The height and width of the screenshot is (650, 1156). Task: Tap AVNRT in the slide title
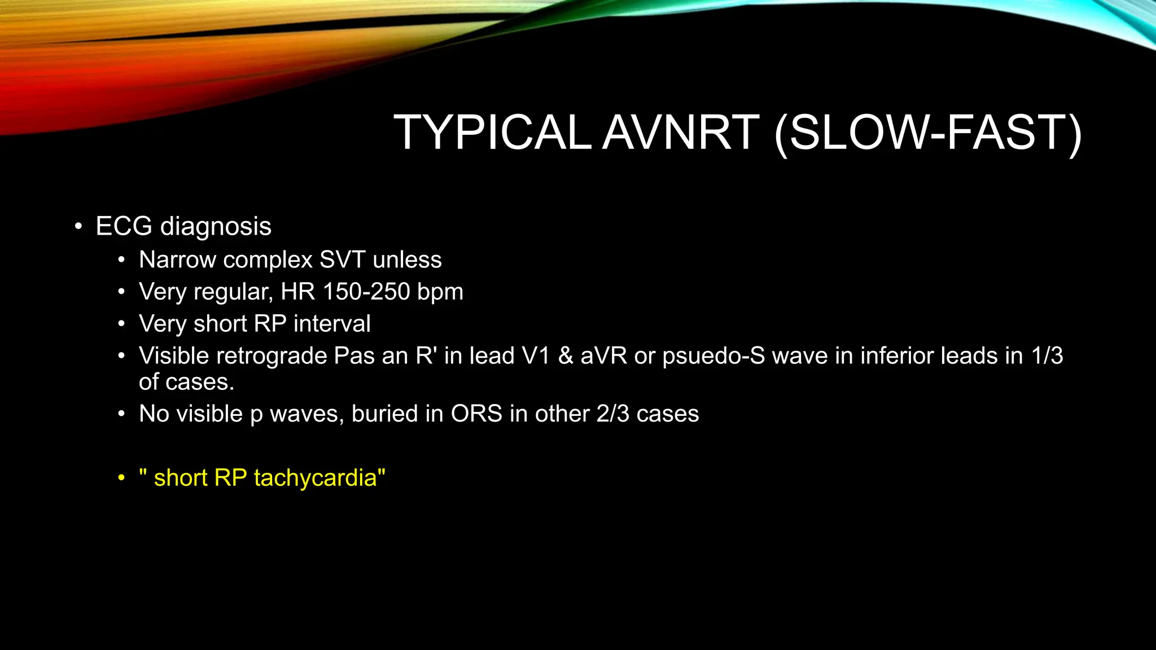pyautogui.click(x=681, y=133)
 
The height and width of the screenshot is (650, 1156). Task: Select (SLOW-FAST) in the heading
pyautogui.click(x=928, y=134)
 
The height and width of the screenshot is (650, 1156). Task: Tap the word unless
pyautogui.click(x=407, y=260)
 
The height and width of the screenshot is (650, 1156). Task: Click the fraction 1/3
pyautogui.click(x=1047, y=356)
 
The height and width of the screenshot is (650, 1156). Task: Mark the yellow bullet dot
pyautogui.click(x=121, y=478)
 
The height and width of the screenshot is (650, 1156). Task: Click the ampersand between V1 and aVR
pyautogui.click(x=565, y=356)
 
